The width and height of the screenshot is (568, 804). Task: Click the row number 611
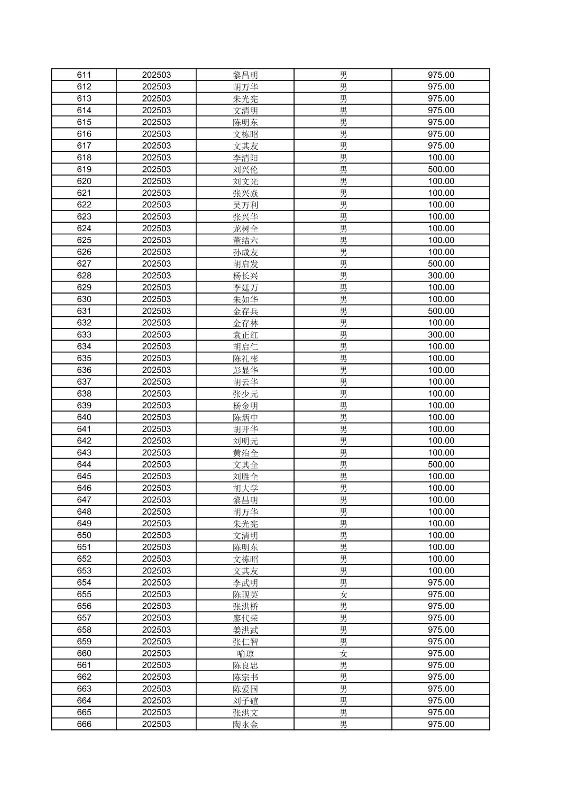click(x=84, y=75)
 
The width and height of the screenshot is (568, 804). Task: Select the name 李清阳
click(x=245, y=158)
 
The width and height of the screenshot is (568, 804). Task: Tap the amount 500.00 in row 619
click(x=441, y=169)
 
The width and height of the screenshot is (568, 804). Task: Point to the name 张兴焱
click(x=245, y=193)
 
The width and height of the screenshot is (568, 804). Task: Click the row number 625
click(x=84, y=240)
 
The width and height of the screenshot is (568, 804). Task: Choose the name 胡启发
click(x=245, y=264)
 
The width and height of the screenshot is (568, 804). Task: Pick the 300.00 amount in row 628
click(x=441, y=276)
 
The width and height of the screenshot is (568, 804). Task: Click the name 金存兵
click(x=245, y=311)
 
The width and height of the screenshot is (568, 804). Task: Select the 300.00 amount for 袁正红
click(x=441, y=335)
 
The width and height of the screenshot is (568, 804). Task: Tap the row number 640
click(x=84, y=417)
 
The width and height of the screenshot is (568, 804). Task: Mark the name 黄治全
click(x=245, y=453)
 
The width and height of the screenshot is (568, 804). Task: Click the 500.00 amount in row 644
click(x=441, y=464)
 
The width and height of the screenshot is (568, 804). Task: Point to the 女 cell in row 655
click(x=343, y=595)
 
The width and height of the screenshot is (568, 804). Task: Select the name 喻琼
click(x=245, y=653)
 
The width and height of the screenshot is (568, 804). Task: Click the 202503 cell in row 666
click(x=156, y=724)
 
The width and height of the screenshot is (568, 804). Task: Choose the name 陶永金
click(x=245, y=724)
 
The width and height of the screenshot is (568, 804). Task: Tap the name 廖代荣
click(x=245, y=618)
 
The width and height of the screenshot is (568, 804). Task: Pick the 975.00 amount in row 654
click(x=441, y=582)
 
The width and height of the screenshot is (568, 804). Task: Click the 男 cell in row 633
click(x=343, y=335)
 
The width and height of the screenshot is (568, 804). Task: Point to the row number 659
click(x=84, y=642)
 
